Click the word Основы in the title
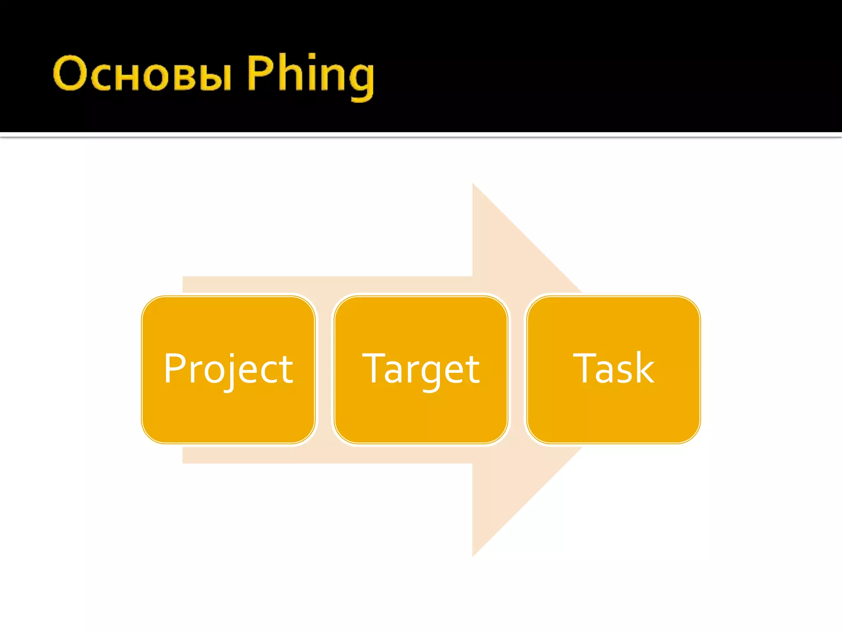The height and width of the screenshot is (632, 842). (x=142, y=74)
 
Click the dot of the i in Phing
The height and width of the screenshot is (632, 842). (x=312, y=56)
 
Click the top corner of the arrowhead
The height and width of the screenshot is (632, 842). (x=473, y=185)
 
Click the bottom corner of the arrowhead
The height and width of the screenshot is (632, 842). (x=473, y=555)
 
